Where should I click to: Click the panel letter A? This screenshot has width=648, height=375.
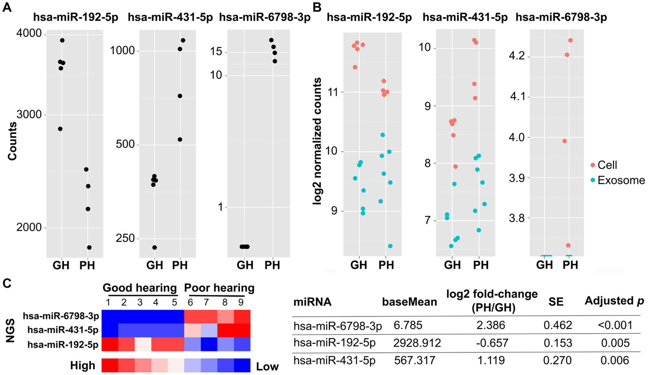coord(7,8)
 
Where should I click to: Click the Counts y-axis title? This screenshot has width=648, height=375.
coord(12,141)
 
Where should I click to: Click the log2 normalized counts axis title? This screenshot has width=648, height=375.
coord(317,141)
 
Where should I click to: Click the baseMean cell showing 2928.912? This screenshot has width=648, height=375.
coord(417,342)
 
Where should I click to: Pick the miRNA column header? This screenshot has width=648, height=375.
coord(312,302)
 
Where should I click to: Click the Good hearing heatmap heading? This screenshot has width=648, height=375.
coord(140,288)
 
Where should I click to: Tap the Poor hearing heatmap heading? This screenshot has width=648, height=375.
coord(219,288)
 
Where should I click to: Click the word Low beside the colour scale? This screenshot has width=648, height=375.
coord(267,367)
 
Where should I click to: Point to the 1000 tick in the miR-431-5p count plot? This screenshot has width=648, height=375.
coord(122,51)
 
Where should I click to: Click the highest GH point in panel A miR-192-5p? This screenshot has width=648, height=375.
coord(62,41)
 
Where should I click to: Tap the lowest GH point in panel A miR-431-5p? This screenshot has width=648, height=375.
coord(155,247)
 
